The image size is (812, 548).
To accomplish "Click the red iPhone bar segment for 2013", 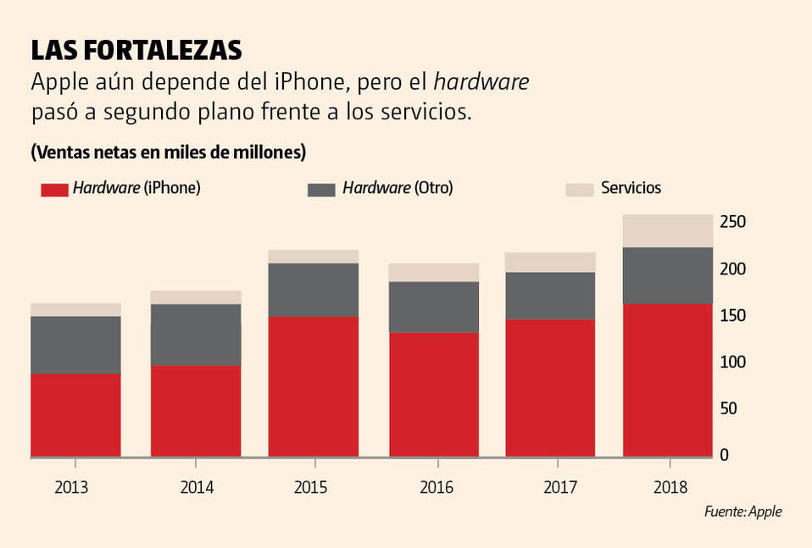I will [x=75, y=415].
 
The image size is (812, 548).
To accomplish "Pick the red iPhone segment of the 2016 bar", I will [x=434, y=394].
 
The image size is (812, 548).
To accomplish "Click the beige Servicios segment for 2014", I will [x=196, y=297].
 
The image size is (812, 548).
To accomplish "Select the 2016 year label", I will [x=437, y=488].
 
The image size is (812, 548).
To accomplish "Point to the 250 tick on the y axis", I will [x=732, y=222].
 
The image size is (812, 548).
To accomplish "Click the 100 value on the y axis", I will [x=732, y=363].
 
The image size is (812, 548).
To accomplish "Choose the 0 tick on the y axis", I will [x=724, y=456].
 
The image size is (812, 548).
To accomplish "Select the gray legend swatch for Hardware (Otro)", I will [x=321, y=189].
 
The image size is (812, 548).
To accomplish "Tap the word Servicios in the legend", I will [x=631, y=188].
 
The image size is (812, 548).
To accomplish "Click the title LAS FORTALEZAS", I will [x=136, y=51].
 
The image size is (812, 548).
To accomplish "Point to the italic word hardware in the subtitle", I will [x=481, y=82].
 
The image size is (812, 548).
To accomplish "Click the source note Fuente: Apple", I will [x=742, y=512].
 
